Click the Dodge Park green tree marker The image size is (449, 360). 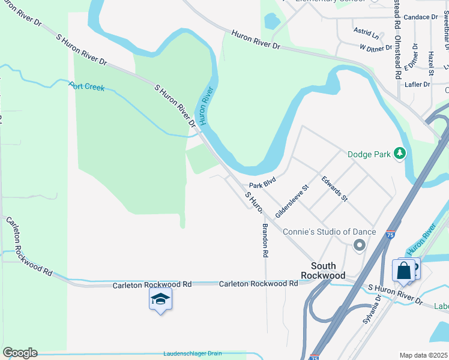(400, 154)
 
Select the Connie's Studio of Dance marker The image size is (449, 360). (360, 244)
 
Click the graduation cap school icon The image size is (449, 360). (160, 299)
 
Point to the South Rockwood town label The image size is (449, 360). (328, 271)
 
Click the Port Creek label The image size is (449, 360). (86, 87)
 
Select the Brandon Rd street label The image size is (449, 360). (264, 240)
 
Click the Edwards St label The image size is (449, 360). (334, 188)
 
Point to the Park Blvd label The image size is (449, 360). (262, 181)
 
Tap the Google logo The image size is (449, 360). (20, 353)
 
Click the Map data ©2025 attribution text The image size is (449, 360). (423, 355)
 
